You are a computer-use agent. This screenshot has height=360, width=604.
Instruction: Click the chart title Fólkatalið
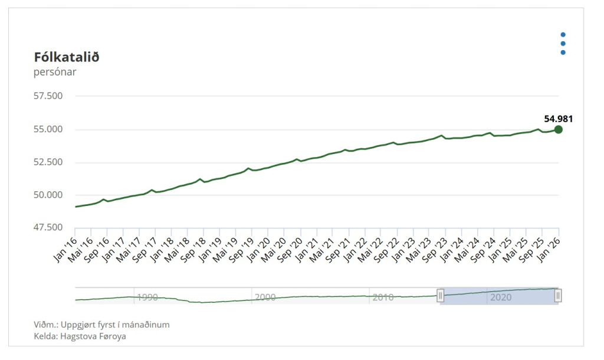click(x=67, y=57)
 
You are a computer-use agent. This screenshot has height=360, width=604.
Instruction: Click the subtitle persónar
click(x=55, y=72)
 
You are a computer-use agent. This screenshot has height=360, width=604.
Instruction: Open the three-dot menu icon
click(x=563, y=44)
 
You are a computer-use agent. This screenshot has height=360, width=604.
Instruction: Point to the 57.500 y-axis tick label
click(x=48, y=96)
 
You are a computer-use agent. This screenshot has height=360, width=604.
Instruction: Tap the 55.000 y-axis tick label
click(x=48, y=129)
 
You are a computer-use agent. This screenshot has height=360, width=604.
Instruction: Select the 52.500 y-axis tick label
click(x=48, y=162)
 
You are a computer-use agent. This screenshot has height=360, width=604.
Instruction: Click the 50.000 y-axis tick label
click(x=48, y=195)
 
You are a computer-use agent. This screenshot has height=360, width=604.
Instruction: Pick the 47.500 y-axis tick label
click(x=48, y=227)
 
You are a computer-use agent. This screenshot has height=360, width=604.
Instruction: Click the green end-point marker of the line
click(x=558, y=129)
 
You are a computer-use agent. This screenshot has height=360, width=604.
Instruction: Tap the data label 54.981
click(x=558, y=119)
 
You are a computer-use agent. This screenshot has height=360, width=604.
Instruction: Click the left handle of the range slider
click(x=440, y=296)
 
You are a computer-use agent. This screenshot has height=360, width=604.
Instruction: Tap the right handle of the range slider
click(x=558, y=296)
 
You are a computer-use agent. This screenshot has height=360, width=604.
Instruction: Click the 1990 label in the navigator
click(x=147, y=297)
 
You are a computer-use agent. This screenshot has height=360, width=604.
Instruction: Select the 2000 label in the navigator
click(x=265, y=297)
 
